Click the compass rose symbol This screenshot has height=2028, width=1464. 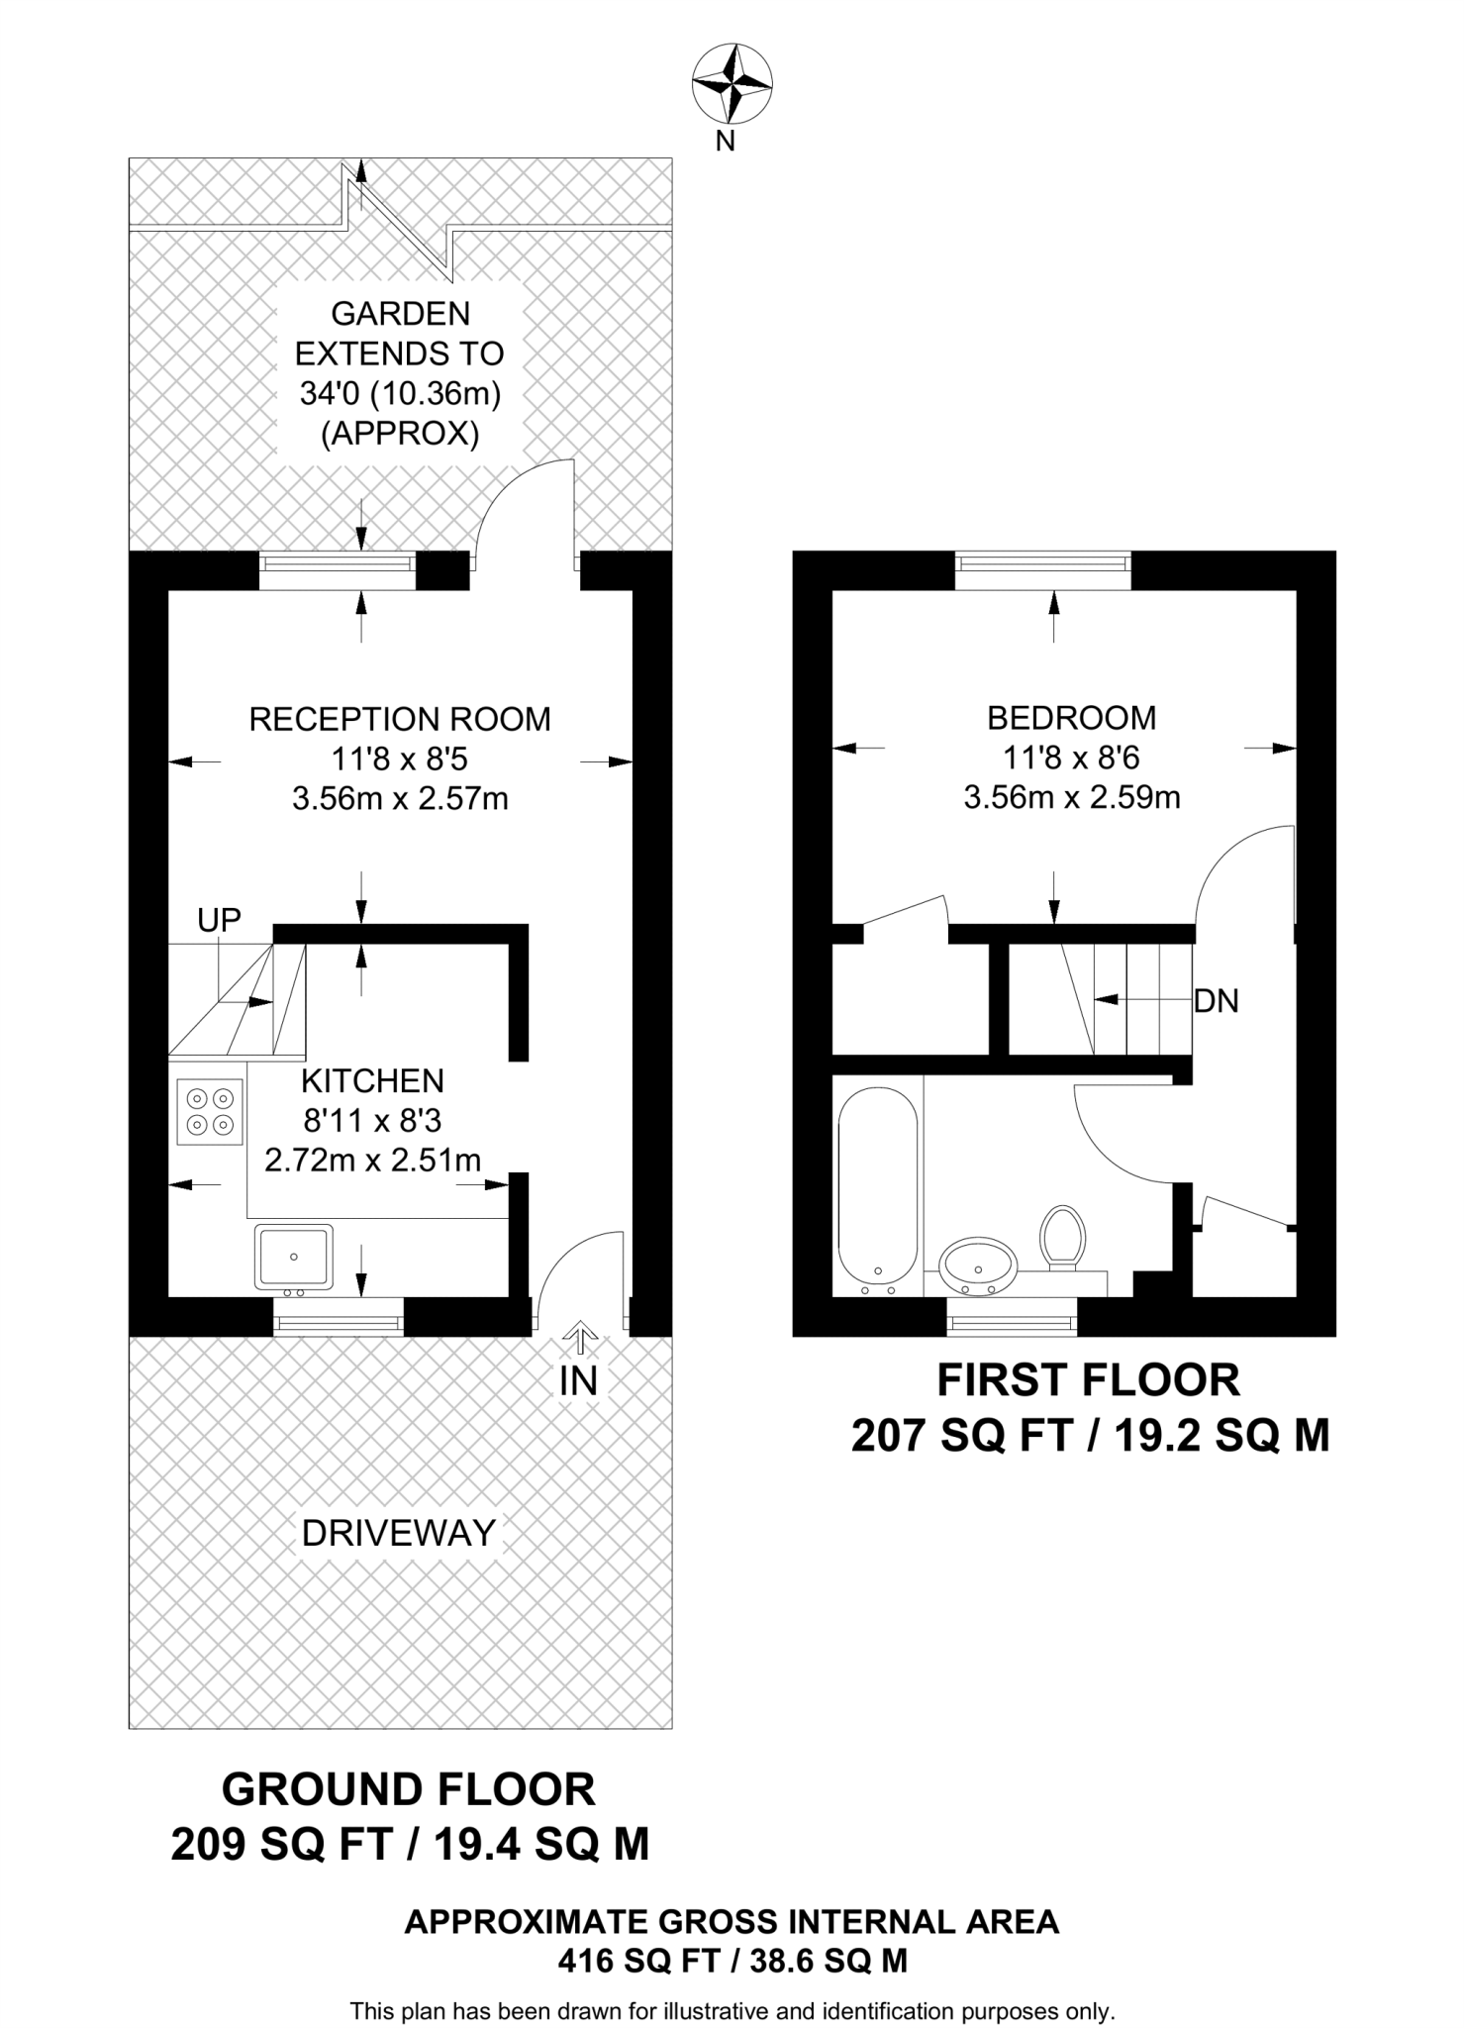pos(732,84)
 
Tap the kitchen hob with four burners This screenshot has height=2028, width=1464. pos(210,1111)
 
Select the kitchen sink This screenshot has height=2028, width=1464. pos(293,1258)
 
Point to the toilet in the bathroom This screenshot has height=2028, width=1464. pos(1062,1238)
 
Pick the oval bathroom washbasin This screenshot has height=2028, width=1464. pos(978,1266)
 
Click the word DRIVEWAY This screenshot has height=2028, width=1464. pos(399,1533)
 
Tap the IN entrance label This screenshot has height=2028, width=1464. pos(579,1380)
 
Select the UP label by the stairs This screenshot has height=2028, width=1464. pos(219,920)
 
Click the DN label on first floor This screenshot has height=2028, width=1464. pos(1217,1001)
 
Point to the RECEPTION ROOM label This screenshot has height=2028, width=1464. pos(400,719)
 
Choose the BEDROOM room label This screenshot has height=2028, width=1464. pos(1072,717)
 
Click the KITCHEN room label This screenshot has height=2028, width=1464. pos(372,1080)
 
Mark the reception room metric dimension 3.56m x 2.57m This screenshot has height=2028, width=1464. pos(400,798)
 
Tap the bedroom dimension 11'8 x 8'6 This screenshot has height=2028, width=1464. pos(1072,758)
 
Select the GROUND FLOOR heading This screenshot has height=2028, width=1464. pos(409,1789)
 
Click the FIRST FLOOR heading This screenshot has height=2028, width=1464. pos(1089,1380)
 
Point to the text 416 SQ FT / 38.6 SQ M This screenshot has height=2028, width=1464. pos(732,1961)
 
